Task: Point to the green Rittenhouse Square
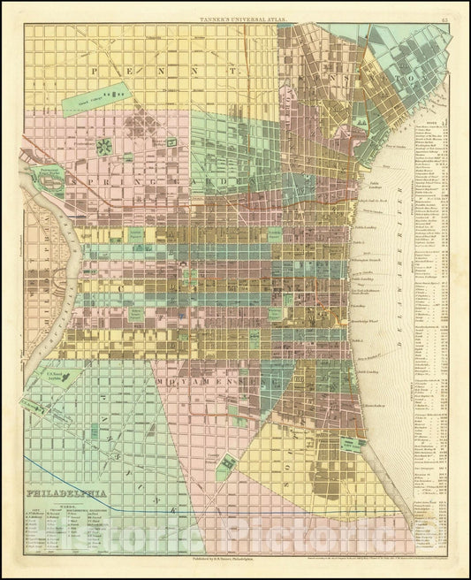(138, 313)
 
